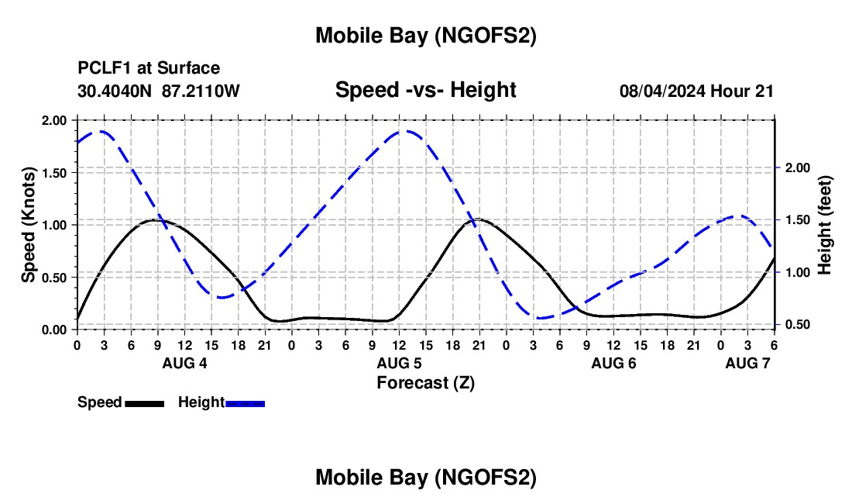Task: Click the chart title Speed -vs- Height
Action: tap(425, 90)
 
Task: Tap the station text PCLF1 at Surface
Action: tap(149, 69)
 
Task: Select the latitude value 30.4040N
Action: tap(116, 91)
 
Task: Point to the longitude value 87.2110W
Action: tap(201, 91)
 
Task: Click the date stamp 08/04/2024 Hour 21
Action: tap(696, 91)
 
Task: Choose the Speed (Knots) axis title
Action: tap(29, 224)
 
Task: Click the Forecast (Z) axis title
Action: tap(425, 381)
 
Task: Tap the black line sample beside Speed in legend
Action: tap(145, 402)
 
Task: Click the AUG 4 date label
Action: tap(184, 363)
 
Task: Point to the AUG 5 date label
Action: tap(399, 363)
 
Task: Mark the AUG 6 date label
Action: tap(613, 363)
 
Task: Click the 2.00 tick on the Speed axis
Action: tap(55, 121)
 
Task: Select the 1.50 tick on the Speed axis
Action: tap(55, 173)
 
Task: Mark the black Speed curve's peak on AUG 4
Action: tap(156, 220)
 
